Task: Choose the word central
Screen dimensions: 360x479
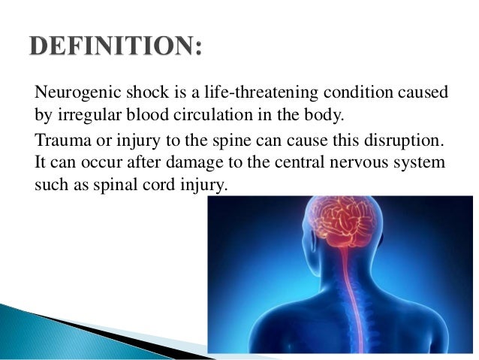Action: pos(300,162)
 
